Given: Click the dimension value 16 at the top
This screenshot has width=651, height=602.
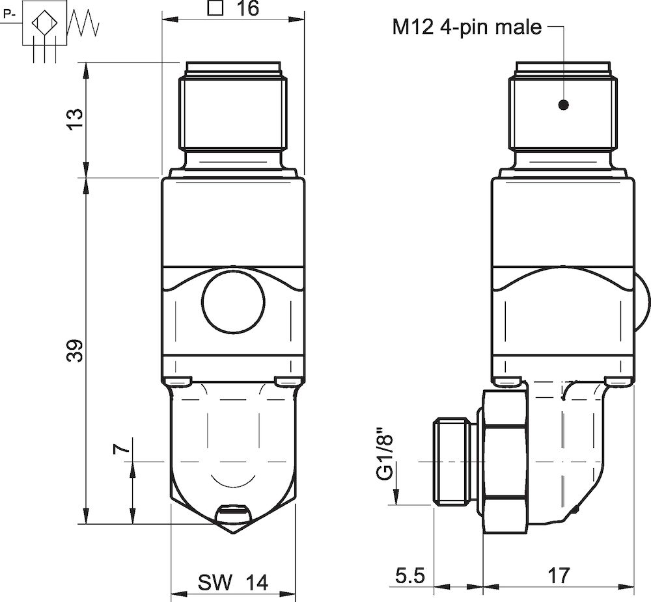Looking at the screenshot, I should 247,8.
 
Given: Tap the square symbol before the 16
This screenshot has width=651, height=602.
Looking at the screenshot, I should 214,8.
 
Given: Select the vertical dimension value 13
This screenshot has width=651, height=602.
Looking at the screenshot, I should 76,118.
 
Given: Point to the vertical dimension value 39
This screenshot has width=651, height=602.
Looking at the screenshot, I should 76,350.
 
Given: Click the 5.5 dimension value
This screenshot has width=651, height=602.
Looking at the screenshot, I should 410,575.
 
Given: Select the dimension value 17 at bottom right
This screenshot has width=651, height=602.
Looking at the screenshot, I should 559,575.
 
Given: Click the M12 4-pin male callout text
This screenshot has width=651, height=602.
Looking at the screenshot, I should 467,27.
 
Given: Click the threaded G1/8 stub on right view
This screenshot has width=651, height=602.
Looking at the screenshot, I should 452,461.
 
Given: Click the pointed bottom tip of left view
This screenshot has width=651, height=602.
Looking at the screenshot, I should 233,530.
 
